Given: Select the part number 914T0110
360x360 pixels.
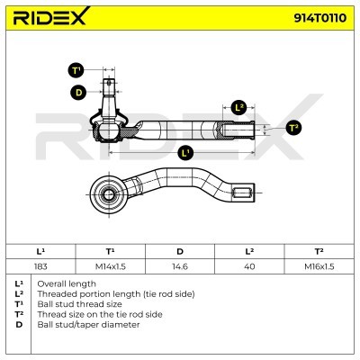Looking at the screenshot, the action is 319,18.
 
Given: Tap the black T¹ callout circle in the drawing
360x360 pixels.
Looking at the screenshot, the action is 76,71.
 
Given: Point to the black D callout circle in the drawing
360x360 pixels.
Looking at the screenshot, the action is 78,92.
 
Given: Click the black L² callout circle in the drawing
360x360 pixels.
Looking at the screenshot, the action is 238,107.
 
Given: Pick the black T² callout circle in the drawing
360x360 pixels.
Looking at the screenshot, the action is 293,128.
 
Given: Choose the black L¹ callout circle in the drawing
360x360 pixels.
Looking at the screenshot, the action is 185,153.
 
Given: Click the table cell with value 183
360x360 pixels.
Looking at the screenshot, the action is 40,266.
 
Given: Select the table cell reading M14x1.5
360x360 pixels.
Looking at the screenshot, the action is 110,266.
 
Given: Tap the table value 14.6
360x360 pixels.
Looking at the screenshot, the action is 180,266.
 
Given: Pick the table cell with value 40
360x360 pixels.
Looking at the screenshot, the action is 249,266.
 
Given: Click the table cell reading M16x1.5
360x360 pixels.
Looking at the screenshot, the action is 319,266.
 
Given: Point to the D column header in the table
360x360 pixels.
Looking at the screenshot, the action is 180,251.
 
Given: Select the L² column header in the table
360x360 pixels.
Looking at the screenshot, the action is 249,251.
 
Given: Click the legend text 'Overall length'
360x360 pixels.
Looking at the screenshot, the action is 67,283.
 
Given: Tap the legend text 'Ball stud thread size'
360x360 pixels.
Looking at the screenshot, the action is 79,304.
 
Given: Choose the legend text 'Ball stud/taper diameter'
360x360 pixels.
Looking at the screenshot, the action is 88,325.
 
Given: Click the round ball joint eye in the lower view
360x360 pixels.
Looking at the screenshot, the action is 108,193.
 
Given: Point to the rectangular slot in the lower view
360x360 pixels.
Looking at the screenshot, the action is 241,192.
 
